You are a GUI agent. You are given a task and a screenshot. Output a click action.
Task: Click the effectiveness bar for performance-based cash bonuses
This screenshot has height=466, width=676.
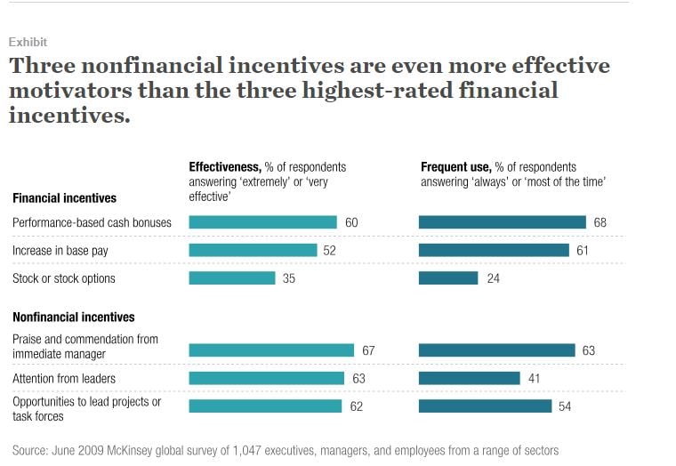point(262,222)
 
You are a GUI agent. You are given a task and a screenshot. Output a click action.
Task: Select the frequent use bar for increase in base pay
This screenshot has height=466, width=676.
point(494,251)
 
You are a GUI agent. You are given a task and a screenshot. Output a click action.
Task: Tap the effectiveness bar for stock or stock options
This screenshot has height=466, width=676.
point(232,278)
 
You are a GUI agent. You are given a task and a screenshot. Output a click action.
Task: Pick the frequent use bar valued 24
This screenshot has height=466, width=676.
point(448,278)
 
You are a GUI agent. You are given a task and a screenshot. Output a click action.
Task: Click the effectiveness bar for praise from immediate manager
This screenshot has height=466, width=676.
point(271,350)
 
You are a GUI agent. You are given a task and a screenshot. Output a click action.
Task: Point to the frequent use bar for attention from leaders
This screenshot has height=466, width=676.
point(469,378)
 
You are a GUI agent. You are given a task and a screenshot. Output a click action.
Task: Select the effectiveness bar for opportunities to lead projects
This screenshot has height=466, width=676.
point(265,406)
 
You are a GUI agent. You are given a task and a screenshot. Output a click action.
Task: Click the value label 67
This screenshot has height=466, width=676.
point(368,350)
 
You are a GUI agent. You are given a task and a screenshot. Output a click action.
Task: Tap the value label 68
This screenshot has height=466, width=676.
point(600,222)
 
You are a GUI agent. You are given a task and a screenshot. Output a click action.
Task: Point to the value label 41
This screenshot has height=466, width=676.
point(534,378)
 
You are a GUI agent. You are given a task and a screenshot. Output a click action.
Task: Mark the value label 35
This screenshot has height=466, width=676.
point(289,278)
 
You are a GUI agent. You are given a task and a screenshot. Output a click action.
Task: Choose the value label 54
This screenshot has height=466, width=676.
point(565,406)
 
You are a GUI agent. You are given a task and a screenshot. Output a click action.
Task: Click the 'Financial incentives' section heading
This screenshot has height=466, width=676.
point(64,198)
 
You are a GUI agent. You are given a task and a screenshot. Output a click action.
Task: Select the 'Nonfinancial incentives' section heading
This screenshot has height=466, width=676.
point(73,317)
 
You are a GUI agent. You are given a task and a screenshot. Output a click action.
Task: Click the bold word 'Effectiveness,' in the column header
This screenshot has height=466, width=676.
point(226,167)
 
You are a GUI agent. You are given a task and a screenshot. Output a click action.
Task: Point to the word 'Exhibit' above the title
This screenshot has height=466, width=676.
point(28,42)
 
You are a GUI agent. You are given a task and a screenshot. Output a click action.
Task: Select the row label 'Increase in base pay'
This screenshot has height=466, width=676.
point(60,251)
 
